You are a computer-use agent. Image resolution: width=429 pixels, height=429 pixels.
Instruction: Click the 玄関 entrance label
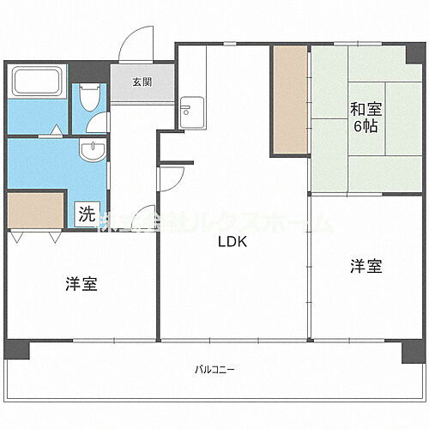pyautogui.click(x=142, y=83)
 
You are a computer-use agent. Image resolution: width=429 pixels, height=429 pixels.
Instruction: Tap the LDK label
pyautogui.click(x=232, y=242)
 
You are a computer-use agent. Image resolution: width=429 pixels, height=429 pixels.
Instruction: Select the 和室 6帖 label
pyautogui.click(x=366, y=117)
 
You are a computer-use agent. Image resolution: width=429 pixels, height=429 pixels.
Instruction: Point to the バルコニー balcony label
pyautogui.click(x=214, y=370)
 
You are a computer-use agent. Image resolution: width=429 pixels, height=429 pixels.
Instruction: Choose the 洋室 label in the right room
pyautogui.click(x=366, y=267)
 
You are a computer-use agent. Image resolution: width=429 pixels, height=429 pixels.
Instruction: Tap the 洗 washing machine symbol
pyautogui.click(x=85, y=214)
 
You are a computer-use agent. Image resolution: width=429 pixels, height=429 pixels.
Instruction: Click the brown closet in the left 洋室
pyautogui.click(x=36, y=211)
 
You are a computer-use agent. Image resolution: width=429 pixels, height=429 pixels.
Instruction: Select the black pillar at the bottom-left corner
pyautogui.click(x=16, y=349)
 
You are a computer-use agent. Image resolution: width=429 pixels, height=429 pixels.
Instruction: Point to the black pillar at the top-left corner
pyautogui.click(x=12, y=66)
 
